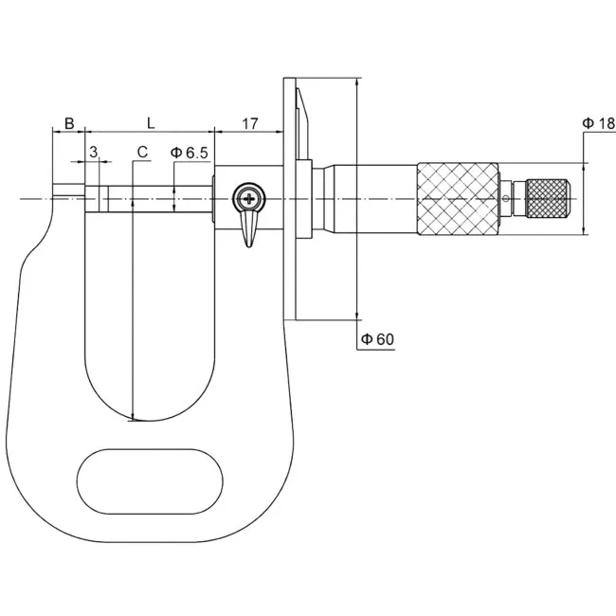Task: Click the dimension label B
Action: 69,123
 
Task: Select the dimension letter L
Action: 151,123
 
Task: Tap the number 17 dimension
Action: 250,124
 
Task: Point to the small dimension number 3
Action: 93,152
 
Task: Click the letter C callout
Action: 142,152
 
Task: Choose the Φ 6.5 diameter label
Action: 189,153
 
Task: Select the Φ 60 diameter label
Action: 377,339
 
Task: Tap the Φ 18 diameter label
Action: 598,123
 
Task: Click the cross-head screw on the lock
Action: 249,198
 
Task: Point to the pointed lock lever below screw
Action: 248,228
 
